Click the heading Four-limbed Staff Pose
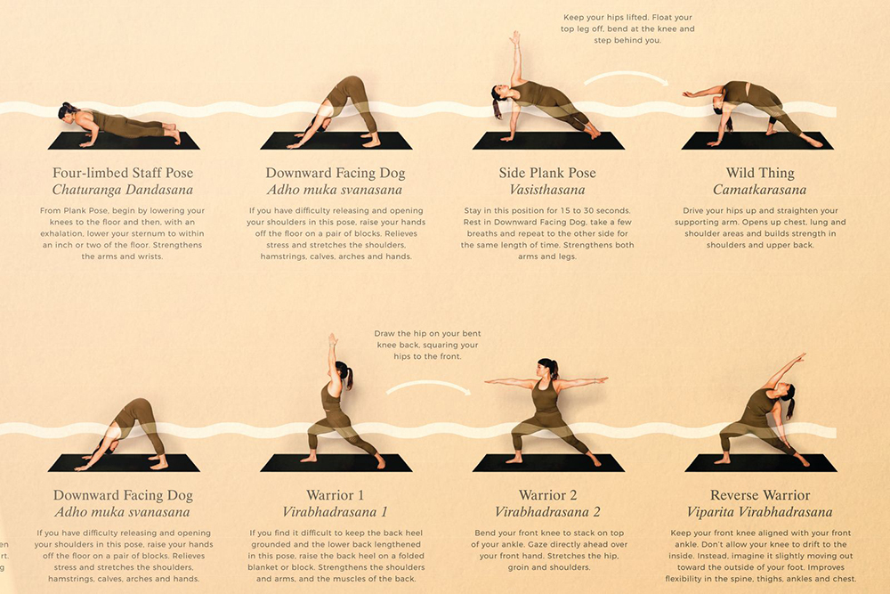pyautogui.click(x=123, y=173)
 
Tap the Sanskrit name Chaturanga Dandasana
pyautogui.click(x=123, y=190)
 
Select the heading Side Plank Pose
pyautogui.click(x=547, y=173)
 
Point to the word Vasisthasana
pyautogui.click(x=547, y=190)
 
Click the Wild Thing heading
pyautogui.click(x=760, y=173)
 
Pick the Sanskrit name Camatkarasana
pyautogui.click(x=759, y=190)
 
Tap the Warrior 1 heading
pyautogui.click(x=335, y=495)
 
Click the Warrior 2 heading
pyautogui.click(x=547, y=495)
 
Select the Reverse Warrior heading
pyautogui.click(x=760, y=495)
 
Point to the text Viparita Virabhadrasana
pyautogui.click(x=759, y=512)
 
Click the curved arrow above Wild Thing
pyautogui.click(x=626, y=75)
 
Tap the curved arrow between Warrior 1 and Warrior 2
pyautogui.click(x=429, y=385)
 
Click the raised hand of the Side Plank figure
pyautogui.click(x=515, y=37)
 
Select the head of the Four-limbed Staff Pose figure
pyautogui.click(x=68, y=111)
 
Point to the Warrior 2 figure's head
pyautogui.click(x=547, y=368)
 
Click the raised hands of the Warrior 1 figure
pyautogui.click(x=333, y=340)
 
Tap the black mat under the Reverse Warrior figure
pyautogui.click(x=761, y=463)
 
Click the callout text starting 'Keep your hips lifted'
pyautogui.click(x=627, y=29)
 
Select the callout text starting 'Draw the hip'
pyautogui.click(x=427, y=345)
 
